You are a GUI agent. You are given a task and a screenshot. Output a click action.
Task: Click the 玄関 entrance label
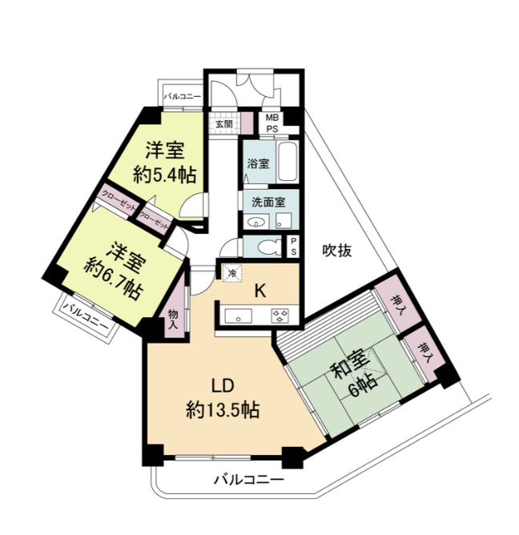(223, 124)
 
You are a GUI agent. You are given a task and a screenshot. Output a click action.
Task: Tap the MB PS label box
(272, 123)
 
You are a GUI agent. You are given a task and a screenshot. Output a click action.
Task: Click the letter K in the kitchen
(260, 291)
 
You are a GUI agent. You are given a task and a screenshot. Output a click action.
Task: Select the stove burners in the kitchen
(280, 314)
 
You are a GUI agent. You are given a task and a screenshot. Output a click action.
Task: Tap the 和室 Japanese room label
(350, 372)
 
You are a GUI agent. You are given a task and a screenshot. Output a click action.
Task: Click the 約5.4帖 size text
(165, 175)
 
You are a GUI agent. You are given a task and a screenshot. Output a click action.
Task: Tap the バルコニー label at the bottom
(248, 481)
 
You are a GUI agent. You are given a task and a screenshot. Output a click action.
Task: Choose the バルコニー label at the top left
(183, 96)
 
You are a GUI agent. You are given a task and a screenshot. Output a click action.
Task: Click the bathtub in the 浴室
(286, 163)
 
